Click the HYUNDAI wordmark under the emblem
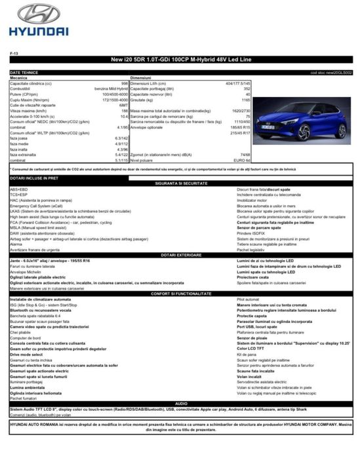39,30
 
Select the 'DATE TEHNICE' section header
24,72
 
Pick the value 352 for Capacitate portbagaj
247,88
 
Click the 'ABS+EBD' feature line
19,189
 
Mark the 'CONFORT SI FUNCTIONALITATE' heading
180,293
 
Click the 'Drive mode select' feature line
28,354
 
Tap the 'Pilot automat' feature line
249,299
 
